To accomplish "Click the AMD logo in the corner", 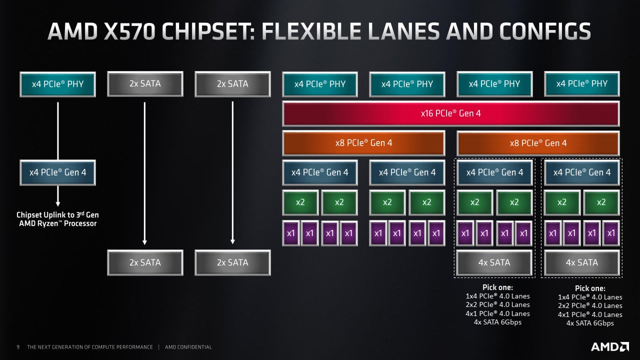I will [610, 346].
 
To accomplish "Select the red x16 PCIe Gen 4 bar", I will [450, 113].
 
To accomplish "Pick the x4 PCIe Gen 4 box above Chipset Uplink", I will [57, 172].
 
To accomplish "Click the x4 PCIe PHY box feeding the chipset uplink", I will [57, 84].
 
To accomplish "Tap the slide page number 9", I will [18, 347].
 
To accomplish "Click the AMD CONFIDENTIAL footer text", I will [188, 347].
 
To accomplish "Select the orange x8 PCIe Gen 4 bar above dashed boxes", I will [538, 143].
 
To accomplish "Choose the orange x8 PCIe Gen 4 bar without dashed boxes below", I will [363, 143].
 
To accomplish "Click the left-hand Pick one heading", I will [497, 287].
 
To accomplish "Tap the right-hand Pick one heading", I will [590, 288].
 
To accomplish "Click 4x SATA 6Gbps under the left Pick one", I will [497, 322].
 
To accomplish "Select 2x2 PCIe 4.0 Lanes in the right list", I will [590, 306].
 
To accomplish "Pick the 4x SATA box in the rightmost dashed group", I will [581, 262].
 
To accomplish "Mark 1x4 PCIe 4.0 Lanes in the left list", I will [497, 296].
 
